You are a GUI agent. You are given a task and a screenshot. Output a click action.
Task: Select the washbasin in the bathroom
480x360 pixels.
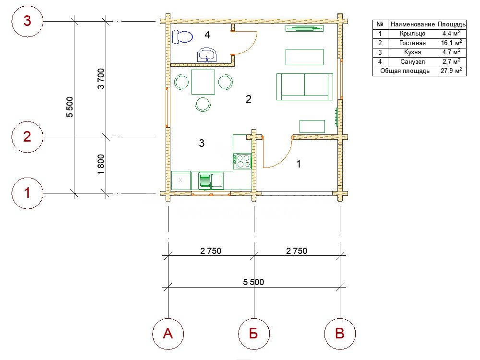(x=207, y=55)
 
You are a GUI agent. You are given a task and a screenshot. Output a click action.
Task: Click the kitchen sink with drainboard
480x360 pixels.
(x=211, y=181)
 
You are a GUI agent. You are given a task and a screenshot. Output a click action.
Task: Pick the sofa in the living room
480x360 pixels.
(x=305, y=86)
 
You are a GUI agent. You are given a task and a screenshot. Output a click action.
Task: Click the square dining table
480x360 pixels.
(x=203, y=82)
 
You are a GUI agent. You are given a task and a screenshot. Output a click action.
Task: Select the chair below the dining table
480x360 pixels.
(x=203, y=104)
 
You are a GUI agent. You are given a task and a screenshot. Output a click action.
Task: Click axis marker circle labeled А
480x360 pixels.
(x=168, y=334)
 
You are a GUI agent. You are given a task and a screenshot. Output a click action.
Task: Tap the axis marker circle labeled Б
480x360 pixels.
(x=254, y=334)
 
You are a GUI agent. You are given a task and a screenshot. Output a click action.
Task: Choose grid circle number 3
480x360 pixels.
(x=27, y=21)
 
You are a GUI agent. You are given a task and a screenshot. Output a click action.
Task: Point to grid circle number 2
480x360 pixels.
(x=27, y=136)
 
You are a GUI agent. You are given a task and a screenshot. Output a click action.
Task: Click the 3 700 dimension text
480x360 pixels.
(x=101, y=79)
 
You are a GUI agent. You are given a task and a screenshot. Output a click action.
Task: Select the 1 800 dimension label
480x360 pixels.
(x=101, y=164)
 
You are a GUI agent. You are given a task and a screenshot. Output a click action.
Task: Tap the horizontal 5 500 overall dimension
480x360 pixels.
(x=253, y=282)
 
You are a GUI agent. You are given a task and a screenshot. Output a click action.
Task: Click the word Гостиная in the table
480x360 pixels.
(x=412, y=43)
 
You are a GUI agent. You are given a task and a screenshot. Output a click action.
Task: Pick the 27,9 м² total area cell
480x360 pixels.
(x=451, y=71)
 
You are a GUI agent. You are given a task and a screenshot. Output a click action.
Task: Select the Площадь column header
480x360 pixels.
(x=452, y=24)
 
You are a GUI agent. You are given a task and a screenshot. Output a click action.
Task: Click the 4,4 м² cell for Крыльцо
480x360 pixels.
(x=452, y=34)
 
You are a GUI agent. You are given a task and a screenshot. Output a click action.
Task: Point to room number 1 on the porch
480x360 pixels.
(x=299, y=164)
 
